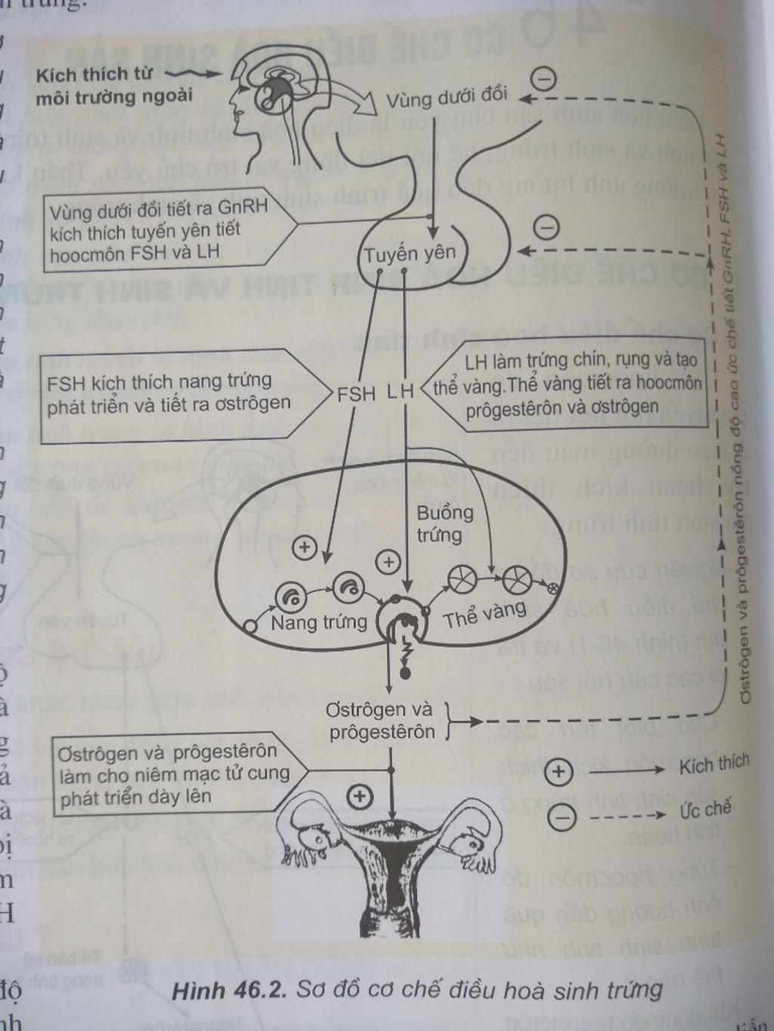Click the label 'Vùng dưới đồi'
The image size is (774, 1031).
pos(446,97)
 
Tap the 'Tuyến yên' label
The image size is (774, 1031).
pos(410,254)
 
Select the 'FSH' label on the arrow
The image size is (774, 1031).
pos(356,394)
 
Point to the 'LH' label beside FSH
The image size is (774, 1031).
pos(401,391)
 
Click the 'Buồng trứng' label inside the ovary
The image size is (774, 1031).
pos(444,523)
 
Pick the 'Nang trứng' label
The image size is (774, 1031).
pos(318,622)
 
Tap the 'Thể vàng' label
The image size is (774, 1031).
pos(485,615)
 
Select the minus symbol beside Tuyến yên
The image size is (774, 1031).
pos(546,226)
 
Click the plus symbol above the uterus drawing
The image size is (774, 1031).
pos(359,795)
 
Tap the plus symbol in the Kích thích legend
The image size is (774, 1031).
pos(559,772)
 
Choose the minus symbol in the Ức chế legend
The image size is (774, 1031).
pos(561,816)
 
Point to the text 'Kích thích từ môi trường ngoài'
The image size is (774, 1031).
pos(113,85)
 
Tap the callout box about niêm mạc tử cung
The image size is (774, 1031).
pos(174,774)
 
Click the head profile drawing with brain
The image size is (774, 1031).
pos(280,98)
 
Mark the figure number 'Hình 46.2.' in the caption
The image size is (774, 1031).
pos(228,990)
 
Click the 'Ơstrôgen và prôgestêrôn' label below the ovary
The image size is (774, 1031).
pos(380,721)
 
